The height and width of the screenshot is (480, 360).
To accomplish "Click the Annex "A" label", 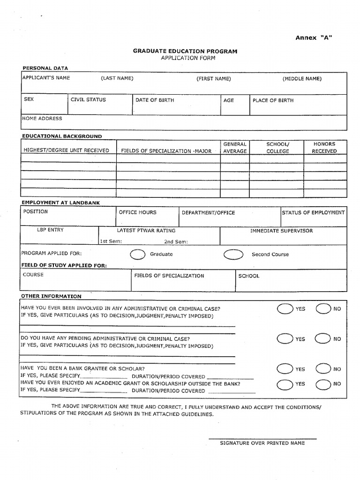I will tap(314, 38).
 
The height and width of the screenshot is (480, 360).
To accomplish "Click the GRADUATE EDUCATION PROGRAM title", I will tap(185, 52).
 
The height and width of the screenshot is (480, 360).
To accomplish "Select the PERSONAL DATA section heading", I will tap(45, 68).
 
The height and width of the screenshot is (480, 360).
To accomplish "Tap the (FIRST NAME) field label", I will tap(214, 79).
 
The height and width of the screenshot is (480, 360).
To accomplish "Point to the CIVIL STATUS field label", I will tap(88, 100).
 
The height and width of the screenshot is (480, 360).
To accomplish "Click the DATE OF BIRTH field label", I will tap(153, 100).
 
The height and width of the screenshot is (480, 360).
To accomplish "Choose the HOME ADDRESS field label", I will tap(42, 119).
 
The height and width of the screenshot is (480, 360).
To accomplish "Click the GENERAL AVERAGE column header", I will tap(235, 148).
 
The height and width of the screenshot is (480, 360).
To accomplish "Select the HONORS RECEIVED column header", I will tap(324, 148).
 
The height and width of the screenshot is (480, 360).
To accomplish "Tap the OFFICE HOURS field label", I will tap(137, 212).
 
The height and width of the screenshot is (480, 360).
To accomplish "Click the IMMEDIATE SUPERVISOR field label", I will tap(281, 231).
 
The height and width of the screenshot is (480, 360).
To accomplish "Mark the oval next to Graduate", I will tap(138, 254).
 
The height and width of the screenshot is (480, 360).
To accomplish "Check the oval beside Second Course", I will tap(233, 254).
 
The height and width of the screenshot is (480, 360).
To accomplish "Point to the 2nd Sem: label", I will tap(176, 242).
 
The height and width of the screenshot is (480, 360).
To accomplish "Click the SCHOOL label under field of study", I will tap(249, 276).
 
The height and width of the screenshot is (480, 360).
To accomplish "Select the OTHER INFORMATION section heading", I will tap(51, 296).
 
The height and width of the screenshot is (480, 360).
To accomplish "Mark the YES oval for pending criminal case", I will tap(284, 338).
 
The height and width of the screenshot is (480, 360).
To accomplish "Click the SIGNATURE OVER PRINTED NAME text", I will tap(262, 443).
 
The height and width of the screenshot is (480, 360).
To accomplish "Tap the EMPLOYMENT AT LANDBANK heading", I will tap(60, 202).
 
